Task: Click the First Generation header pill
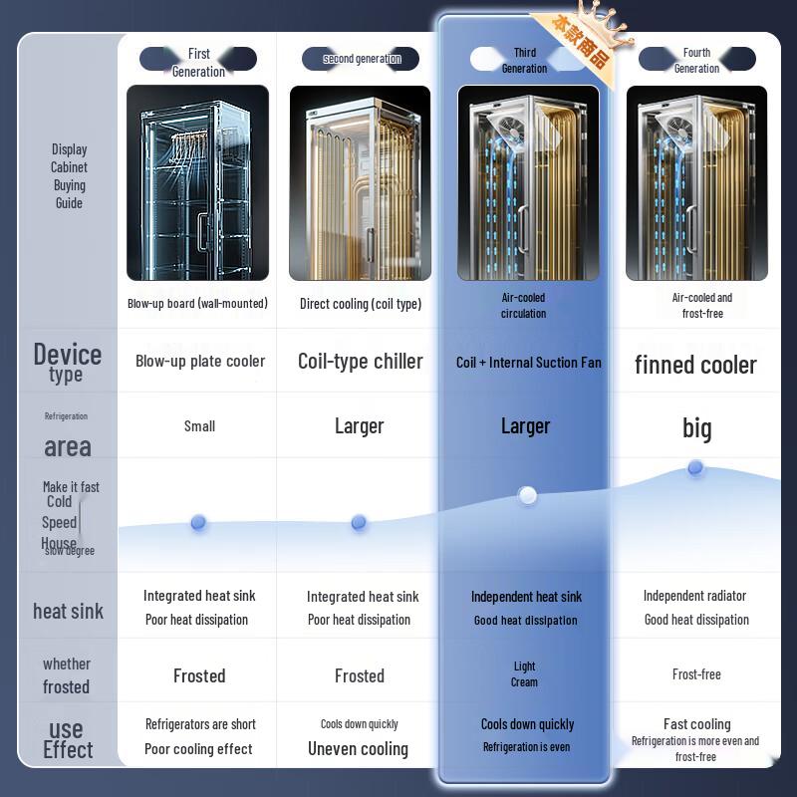198,60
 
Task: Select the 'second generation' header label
361,59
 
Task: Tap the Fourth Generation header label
696,60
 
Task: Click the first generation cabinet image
197,182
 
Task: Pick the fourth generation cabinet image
696,182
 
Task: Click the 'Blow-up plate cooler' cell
200,361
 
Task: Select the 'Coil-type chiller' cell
360,361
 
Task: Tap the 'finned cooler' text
695,365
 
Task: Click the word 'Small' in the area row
199,425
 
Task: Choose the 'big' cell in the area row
696,428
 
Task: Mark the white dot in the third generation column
528,495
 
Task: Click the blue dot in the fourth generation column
695,467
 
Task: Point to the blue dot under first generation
198,522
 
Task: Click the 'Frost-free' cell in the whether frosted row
696,674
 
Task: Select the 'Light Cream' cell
524,674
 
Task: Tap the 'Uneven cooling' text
358,749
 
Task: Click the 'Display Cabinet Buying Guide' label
70,176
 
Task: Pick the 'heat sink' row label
68,611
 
